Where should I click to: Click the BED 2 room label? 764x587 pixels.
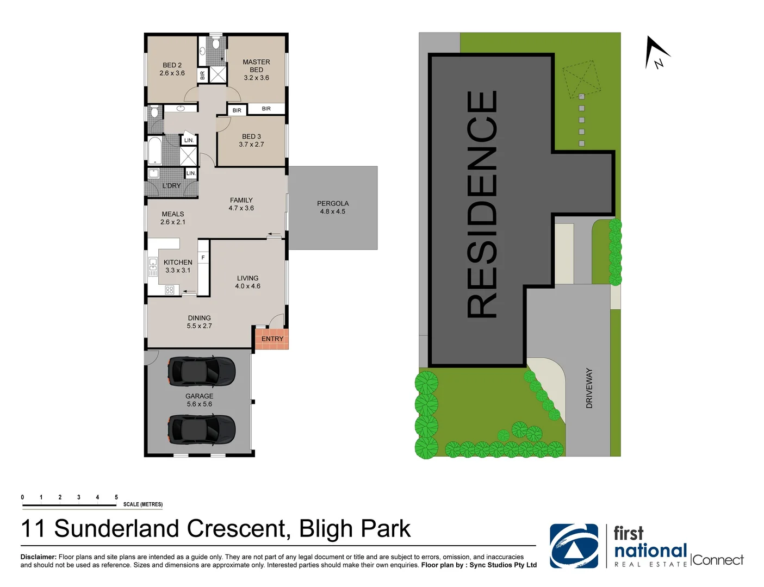point(172,65)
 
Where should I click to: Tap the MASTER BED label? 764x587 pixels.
point(256,66)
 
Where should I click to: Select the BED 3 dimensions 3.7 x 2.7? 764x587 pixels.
point(251,145)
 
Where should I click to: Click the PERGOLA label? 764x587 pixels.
point(333,203)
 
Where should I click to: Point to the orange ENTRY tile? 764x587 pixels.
point(272,339)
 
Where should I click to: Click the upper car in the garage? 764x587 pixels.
point(201,371)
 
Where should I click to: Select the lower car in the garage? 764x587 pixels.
point(201,429)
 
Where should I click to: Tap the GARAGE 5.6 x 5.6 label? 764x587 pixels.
point(199,400)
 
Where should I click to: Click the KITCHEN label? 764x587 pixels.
point(178,262)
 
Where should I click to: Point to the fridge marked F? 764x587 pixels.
point(203,258)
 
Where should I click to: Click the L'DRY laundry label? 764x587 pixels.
point(171,186)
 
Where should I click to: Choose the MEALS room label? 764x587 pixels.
point(173,214)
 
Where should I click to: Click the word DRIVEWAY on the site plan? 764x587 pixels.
point(589,388)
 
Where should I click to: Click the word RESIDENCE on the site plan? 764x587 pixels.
point(482,204)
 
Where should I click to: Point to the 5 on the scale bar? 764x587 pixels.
point(116,497)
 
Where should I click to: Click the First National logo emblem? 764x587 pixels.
point(574,546)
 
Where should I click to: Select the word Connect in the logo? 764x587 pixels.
point(718,560)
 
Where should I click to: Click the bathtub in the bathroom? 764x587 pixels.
point(155,151)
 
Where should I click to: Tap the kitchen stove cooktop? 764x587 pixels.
point(170,290)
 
